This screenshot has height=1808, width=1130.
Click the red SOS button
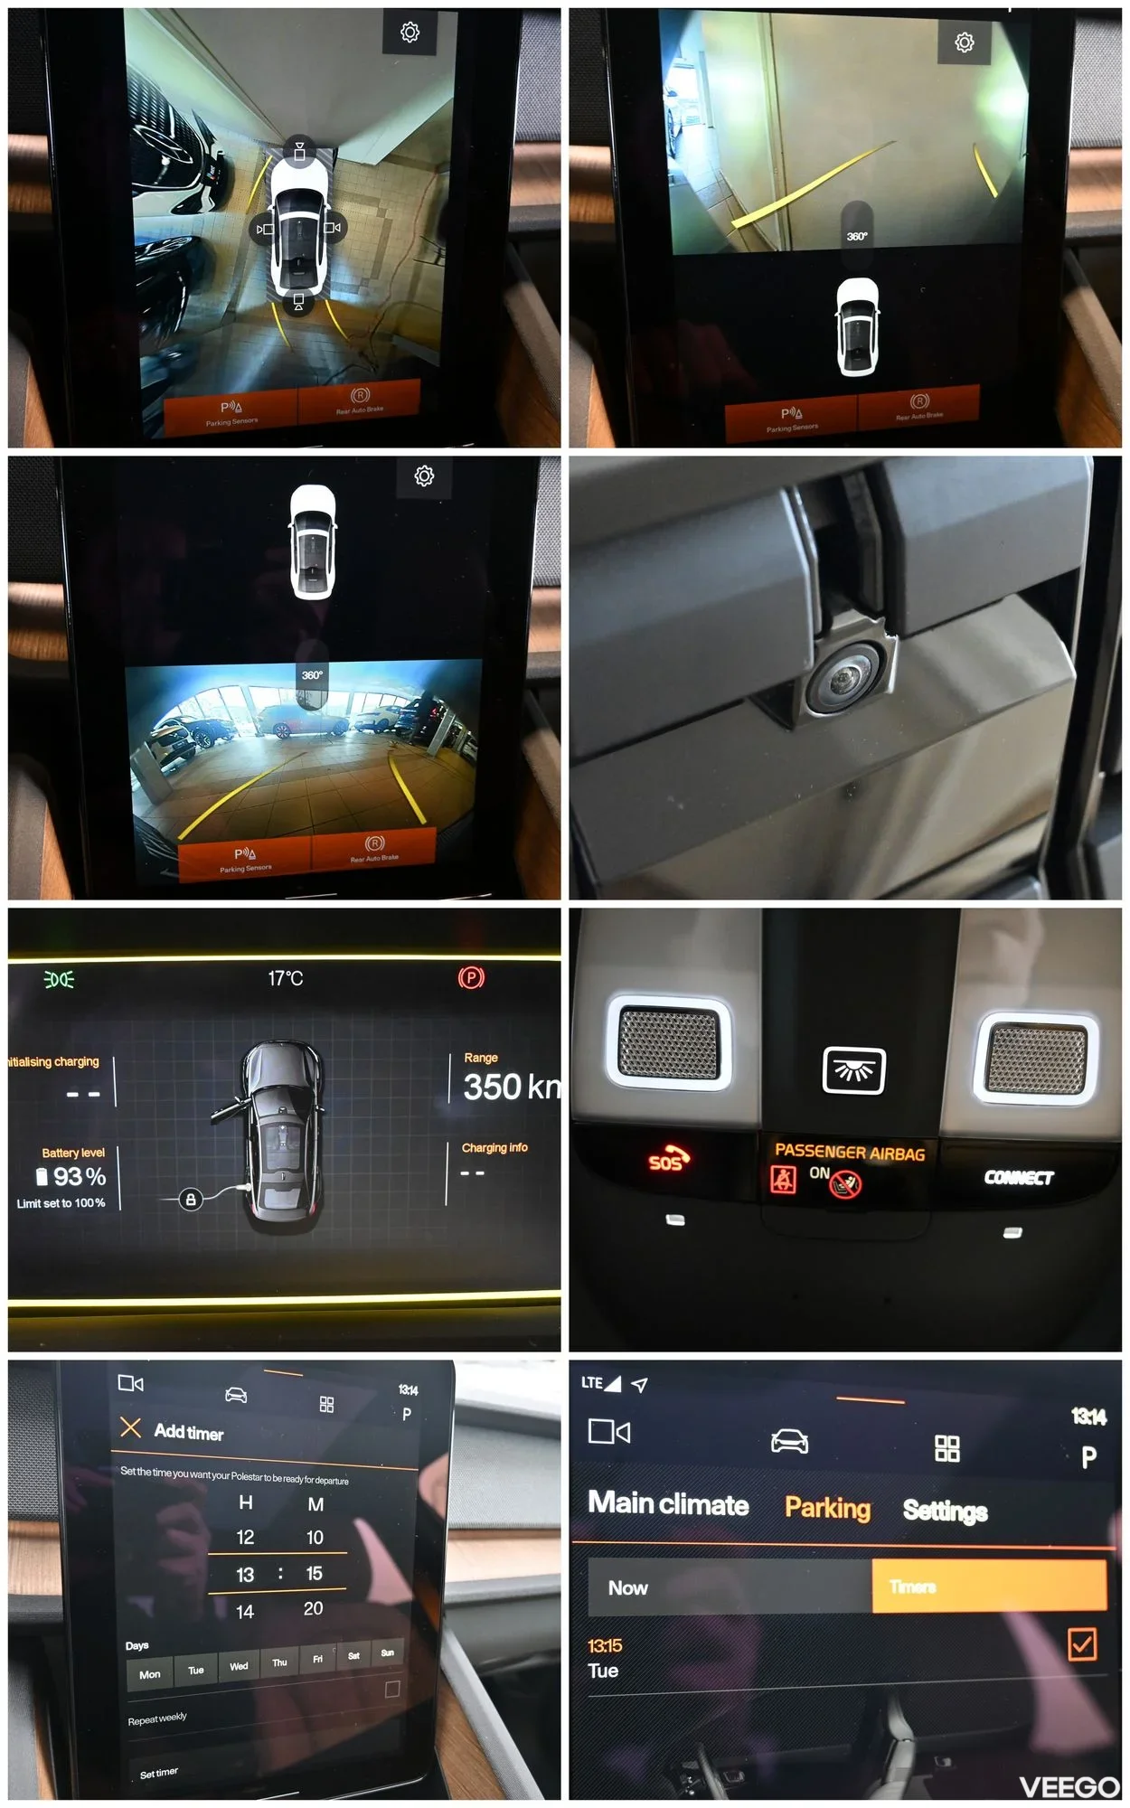click(668, 1160)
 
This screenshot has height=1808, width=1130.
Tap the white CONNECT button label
click(1019, 1177)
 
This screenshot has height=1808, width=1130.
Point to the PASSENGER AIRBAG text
click(850, 1152)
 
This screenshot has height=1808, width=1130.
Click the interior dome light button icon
click(853, 1070)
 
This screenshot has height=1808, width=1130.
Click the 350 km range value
click(511, 1087)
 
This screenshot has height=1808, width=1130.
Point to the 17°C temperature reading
click(286, 978)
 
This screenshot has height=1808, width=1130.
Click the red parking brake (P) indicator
click(471, 977)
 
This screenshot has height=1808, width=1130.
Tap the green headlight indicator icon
click(60, 979)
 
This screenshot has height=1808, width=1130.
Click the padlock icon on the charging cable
click(190, 1200)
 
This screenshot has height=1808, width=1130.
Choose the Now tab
click(628, 1587)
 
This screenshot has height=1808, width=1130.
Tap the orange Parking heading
click(827, 1507)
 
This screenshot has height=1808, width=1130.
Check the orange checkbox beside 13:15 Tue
click(1082, 1643)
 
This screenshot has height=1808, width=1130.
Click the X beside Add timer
click(131, 1427)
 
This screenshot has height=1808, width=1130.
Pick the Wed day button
click(239, 1666)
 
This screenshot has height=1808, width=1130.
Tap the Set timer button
click(159, 1773)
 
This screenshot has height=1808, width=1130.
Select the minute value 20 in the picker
click(313, 1608)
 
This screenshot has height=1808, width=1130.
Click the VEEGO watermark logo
click(1069, 1786)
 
